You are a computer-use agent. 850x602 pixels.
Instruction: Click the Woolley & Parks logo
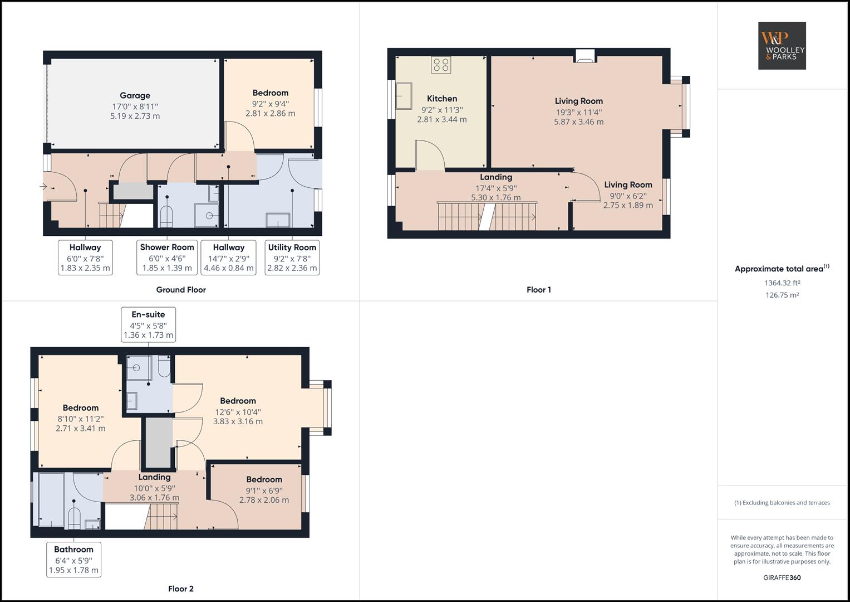tap(782, 46)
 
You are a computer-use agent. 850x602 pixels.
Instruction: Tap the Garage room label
tap(135, 95)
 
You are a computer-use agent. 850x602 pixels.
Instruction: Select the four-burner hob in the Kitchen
tap(441, 65)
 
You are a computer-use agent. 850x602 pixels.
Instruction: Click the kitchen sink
tap(404, 96)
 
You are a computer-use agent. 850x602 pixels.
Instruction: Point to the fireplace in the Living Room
tap(585, 56)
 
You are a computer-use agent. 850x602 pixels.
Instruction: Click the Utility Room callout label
tap(292, 258)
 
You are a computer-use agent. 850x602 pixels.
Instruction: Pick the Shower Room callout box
tap(167, 258)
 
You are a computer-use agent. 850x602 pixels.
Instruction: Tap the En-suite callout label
tap(149, 324)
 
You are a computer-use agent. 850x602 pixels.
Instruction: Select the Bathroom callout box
tap(73, 560)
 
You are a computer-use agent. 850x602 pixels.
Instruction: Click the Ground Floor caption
tap(181, 290)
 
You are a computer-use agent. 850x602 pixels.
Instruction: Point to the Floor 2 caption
tap(180, 589)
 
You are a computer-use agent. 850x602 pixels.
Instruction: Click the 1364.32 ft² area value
tap(782, 283)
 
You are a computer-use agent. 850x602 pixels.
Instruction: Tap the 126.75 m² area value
tap(782, 295)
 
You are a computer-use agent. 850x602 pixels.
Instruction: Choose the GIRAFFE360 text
tap(782, 577)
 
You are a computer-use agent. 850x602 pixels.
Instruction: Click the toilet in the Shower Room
tap(166, 217)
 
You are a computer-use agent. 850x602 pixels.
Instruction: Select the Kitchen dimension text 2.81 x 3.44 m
tap(442, 119)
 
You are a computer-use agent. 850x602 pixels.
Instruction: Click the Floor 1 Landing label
tap(496, 177)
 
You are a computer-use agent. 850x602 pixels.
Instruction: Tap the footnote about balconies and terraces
tap(782, 503)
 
